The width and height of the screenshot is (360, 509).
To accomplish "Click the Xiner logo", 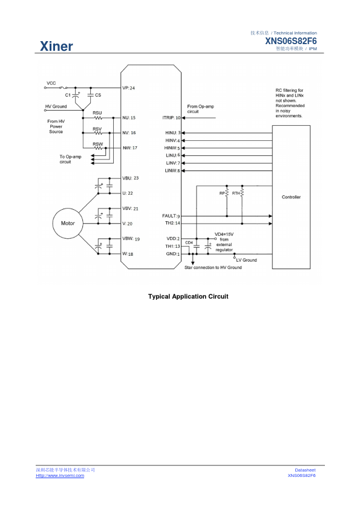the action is pyautogui.click(x=56, y=46).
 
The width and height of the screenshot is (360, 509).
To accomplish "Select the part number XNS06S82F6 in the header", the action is pyautogui.click(x=291, y=41).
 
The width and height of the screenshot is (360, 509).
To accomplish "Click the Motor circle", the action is pyautogui.click(x=68, y=223).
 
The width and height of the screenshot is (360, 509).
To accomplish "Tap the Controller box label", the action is pyautogui.click(x=291, y=197).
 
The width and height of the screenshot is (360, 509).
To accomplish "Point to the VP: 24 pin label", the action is pyautogui.click(x=129, y=88).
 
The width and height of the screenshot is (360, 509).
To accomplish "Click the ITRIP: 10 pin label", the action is pyautogui.click(x=171, y=117).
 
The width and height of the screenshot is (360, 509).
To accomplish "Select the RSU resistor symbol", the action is pyautogui.click(x=97, y=118).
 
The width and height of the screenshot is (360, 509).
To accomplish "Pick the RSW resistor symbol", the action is pyautogui.click(x=97, y=148).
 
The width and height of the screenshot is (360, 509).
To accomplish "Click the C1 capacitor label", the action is pyautogui.click(x=68, y=95).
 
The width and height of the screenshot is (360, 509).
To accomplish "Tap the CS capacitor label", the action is pyautogui.click(x=98, y=95).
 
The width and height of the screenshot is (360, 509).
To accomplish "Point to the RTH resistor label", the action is pyautogui.click(x=236, y=193).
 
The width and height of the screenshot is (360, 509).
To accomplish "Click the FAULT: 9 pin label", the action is pyautogui.click(x=171, y=216).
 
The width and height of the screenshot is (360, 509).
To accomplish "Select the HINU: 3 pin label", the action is pyautogui.click(x=173, y=133).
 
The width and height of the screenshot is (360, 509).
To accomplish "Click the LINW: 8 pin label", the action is pyautogui.click(x=172, y=170).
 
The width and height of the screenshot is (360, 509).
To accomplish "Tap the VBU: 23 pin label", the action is pyautogui.click(x=130, y=178).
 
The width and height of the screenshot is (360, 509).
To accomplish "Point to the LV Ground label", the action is pyautogui.click(x=247, y=260).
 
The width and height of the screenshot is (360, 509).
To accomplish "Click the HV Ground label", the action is pyautogui.click(x=56, y=106).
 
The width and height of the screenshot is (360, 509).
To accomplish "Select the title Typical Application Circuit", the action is pyautogui.click(x=188, y=296).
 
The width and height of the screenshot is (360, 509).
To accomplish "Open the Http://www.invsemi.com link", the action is pyautogui.click(x=60, y=476).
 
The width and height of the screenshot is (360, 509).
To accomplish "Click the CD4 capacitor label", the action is pyautogui.click(x=189, y=243).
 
